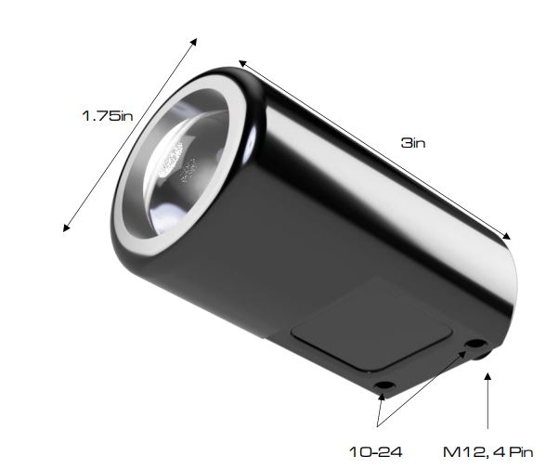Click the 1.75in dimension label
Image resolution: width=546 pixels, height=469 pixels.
(108, 116)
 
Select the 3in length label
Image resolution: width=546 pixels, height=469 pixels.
(413, 144)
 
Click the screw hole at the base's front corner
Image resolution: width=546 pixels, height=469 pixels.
(382, 384)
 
